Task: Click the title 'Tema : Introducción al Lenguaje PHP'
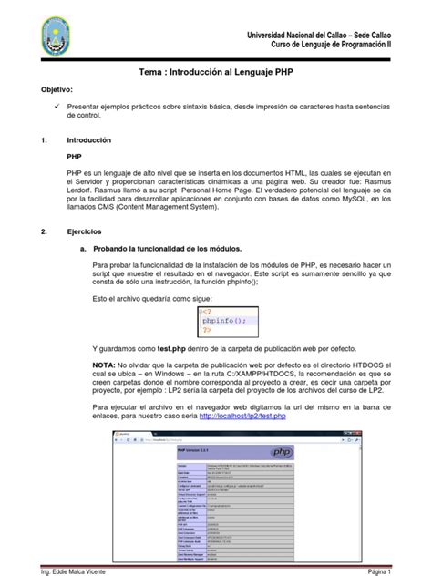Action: tap(215, 70)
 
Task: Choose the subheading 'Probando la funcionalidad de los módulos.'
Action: tap(171, 248)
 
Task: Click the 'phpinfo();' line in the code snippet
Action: tap(224, 320)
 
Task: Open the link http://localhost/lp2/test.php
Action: tap(242, 417)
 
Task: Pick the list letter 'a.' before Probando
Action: tap(84, 248)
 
